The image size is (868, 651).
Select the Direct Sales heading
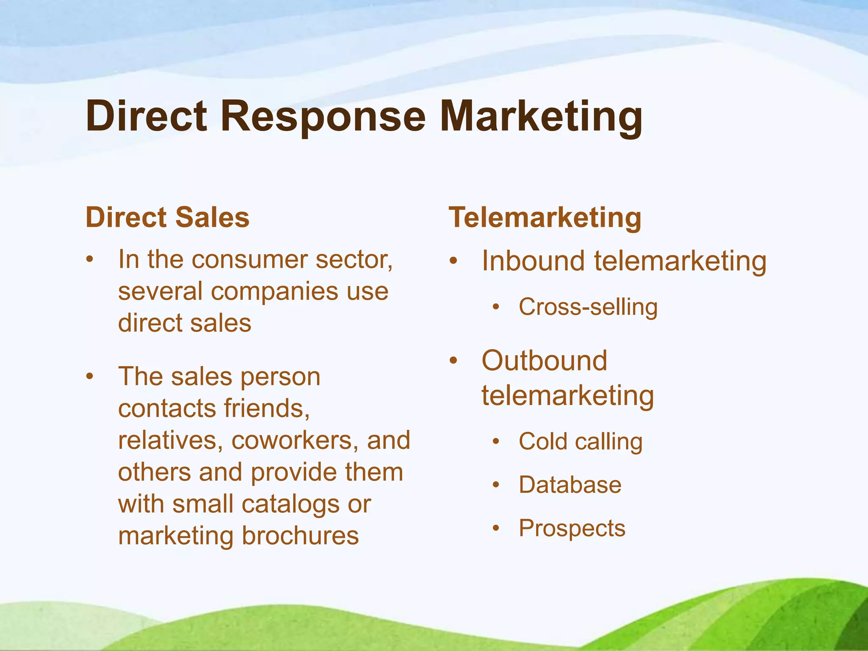[x=167, y=217]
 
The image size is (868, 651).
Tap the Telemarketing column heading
[x=545, y=217]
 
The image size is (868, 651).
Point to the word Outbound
[x=544, y=361]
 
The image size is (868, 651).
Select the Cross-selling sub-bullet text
[x=588, y=307]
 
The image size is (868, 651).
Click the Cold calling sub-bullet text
[x=580, y=442]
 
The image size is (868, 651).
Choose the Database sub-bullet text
[x=570, y=485]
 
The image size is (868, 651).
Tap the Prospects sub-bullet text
[x=572, y=528]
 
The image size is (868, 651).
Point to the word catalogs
[x=291, y=504]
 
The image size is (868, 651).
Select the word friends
[x=267, y=409]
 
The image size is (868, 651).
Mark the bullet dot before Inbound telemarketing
[x=453, y=261]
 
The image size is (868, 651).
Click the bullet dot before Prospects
[x=496, y=528]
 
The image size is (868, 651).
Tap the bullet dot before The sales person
[x=89, y=376]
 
